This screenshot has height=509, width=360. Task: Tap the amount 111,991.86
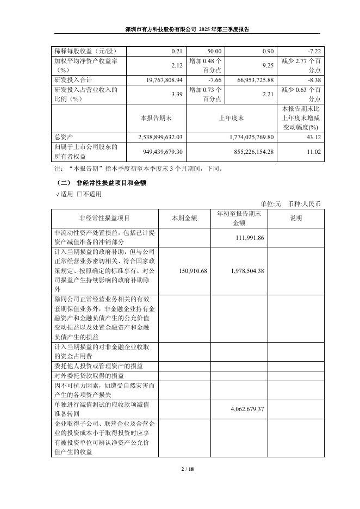point(249,238)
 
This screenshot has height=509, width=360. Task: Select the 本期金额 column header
point(185,218)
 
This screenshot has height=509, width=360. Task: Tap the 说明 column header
point(296,218)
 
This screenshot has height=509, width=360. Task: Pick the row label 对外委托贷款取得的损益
point(89,376)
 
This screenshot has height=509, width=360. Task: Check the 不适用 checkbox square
point(79,194)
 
